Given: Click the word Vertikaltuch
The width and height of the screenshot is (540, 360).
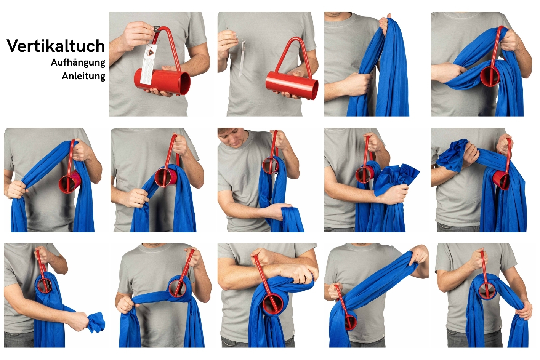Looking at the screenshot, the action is pyautogui.click(x=56, y=46).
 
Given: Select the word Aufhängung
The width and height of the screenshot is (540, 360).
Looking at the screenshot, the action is pyautogui.click(x=78, y=62).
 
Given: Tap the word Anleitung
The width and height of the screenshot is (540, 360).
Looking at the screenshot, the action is pyautogui.click(x=83, y=76).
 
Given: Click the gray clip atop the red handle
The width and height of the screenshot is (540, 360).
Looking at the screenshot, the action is pyautogui.click(x=157, y=30).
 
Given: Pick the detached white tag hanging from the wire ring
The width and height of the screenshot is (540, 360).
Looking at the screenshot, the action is pyautogui.click(x=242, y=59).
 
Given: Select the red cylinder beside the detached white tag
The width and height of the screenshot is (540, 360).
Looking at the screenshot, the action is pyautogui.click(x=292, y=85).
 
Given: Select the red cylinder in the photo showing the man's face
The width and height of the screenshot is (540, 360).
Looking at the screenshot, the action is pyautogui.click(x=270, y=165).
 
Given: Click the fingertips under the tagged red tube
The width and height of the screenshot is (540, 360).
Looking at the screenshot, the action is pyautogui.click(x=159, y=92).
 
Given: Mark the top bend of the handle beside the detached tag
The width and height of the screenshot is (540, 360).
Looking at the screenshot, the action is pyautogui.click(x=295, y=38).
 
